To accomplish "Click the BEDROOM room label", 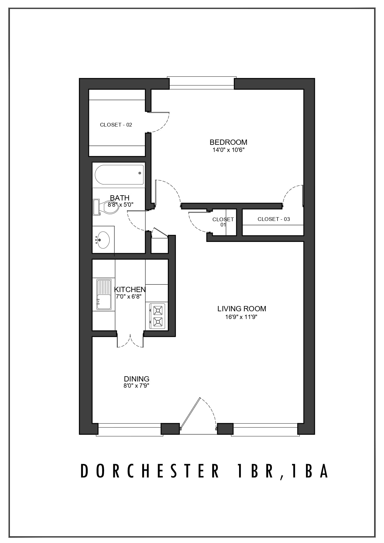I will [228, 142].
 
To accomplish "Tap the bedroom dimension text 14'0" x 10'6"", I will [228, 150].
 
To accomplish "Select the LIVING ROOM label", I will [242, 309].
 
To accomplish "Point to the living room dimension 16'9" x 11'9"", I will [242, 317].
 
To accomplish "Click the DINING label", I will [137, 379].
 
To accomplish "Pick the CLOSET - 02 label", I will [116, 125].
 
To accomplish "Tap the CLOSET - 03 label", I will [274, 219].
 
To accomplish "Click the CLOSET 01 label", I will [223, 222].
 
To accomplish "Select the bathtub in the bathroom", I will [119, 175].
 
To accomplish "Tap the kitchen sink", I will [104, 294].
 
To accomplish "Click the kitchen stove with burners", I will [157, 316].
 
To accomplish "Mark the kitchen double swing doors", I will [130, 340].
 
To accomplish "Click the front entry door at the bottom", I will [198, 415].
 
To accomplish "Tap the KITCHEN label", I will [130, 289].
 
